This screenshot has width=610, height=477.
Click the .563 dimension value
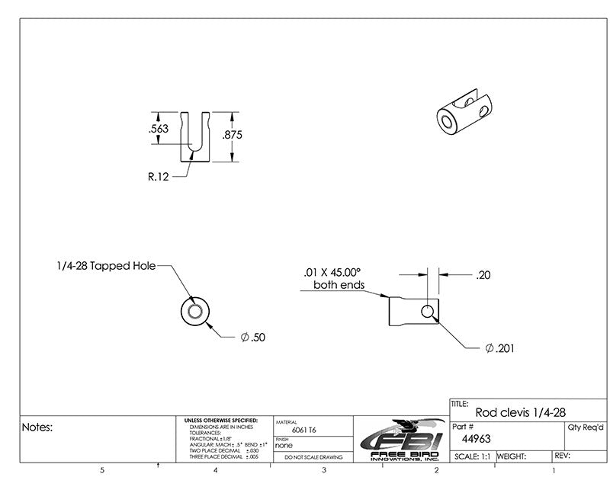[158, 129]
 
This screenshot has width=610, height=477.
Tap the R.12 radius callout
[158, 176]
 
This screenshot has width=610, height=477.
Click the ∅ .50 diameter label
[253, 337]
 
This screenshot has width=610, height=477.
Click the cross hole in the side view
[427, 311]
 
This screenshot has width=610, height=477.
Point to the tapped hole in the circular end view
[194, 312]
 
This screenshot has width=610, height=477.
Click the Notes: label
[37, 427]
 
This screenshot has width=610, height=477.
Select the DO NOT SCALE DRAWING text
[312, 457]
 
